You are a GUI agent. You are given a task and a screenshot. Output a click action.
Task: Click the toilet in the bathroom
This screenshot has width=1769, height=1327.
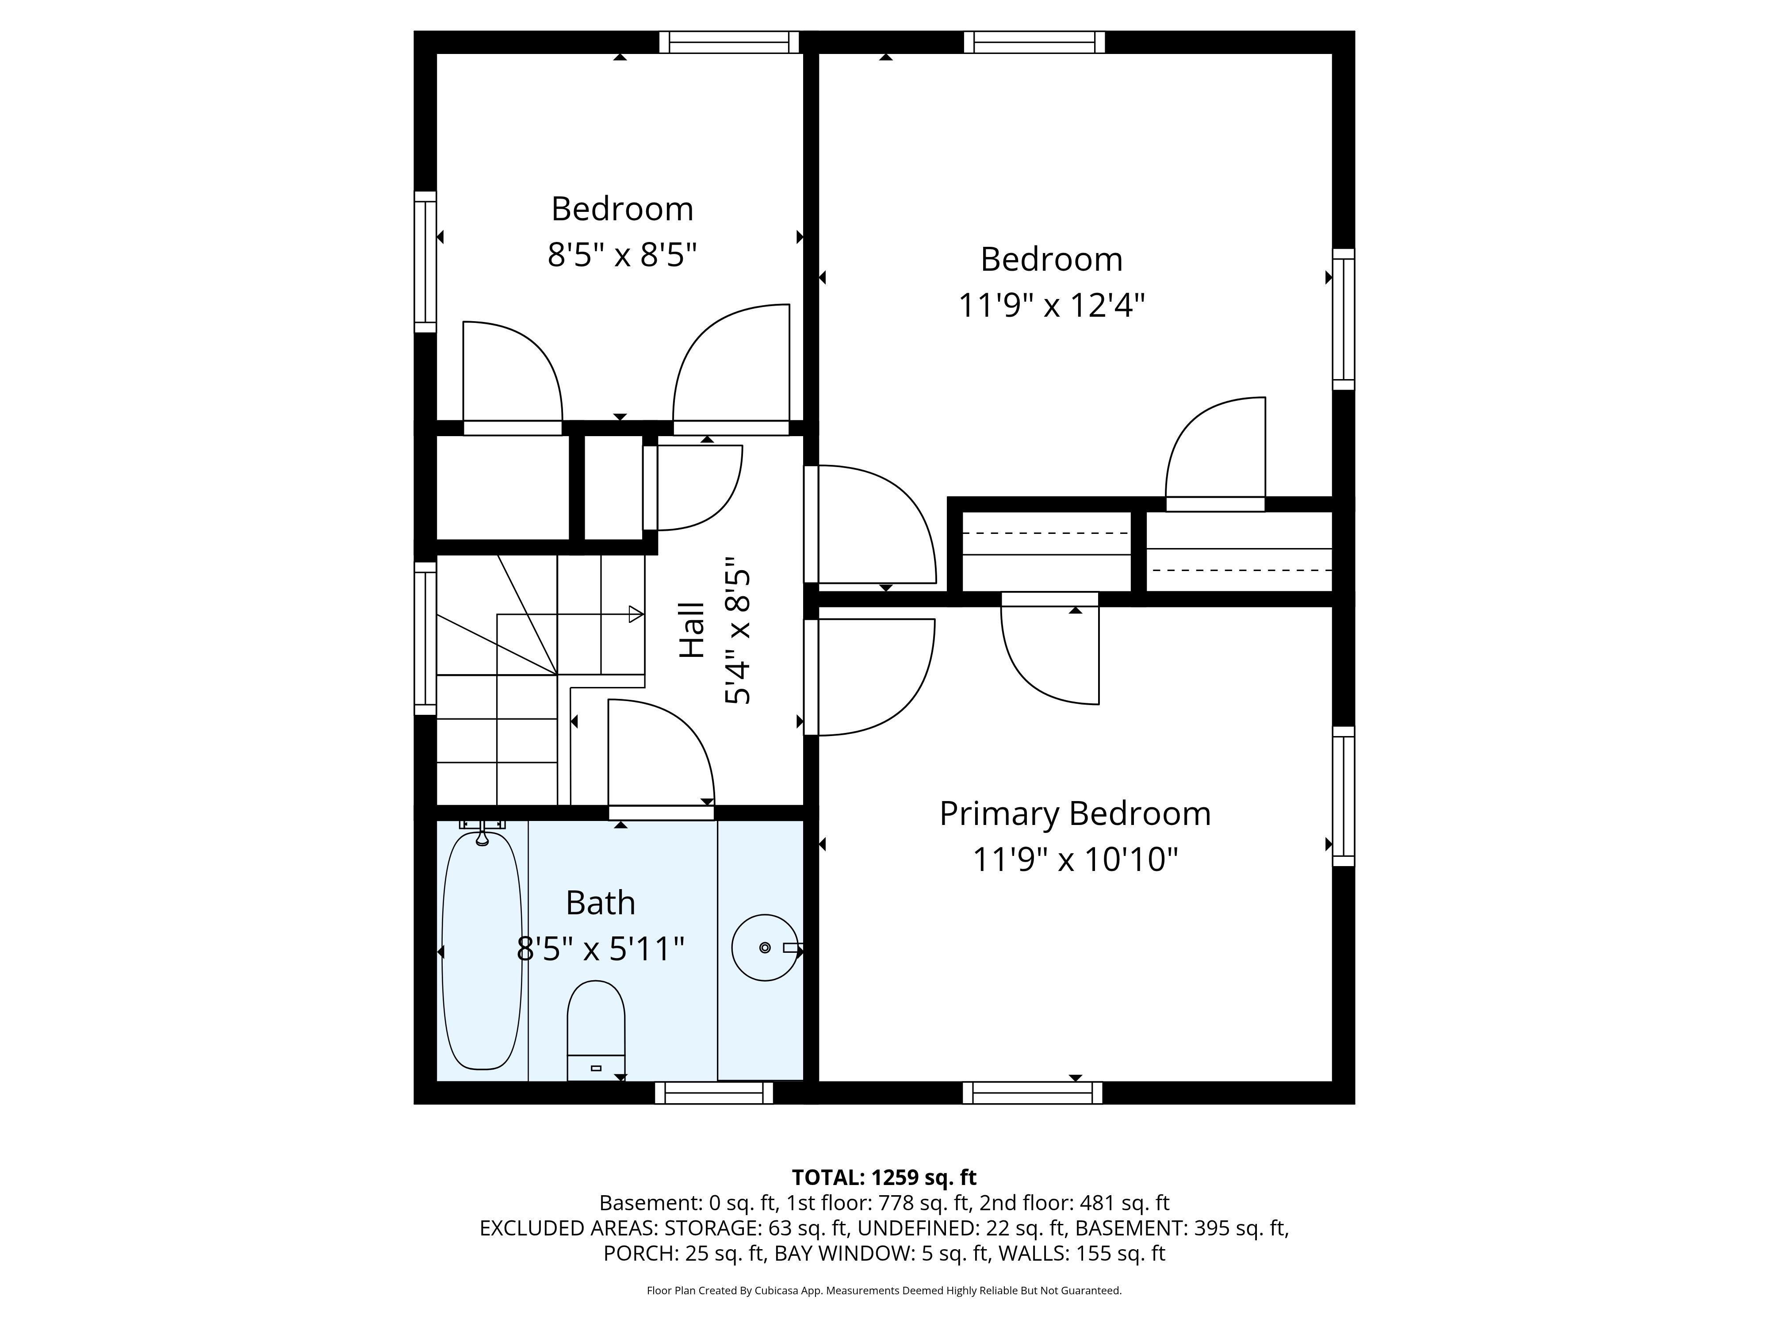(x=596, y=1030)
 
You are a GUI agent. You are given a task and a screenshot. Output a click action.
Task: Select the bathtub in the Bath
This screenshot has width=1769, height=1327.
(x=482, y=950)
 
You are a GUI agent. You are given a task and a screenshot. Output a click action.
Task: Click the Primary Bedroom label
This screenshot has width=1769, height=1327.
(x=1075, y=814)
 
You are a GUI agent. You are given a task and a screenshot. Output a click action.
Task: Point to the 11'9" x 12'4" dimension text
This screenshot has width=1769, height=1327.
(x=1052, y=306)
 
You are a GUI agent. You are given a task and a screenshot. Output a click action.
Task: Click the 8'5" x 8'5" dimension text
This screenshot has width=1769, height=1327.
(x=622, y=256)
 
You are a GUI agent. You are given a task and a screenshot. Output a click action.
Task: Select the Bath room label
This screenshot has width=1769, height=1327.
(x=601, y=903)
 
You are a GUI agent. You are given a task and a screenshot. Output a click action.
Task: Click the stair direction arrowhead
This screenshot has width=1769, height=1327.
(x=636, y=614)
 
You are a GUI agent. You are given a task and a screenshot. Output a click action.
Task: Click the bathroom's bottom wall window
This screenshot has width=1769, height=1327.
(x=714, y=1093)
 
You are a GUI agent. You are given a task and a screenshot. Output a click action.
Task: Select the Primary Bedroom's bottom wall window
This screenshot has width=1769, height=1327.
(x=1033, y=1093)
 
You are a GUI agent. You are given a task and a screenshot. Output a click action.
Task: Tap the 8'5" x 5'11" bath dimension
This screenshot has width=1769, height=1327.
(x=601, y=949)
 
